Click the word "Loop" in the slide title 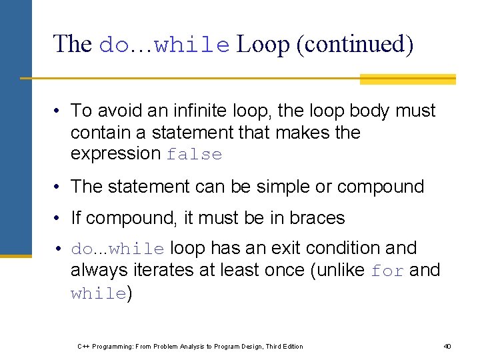263,45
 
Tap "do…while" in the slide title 164,45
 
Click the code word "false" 194,155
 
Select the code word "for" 387,271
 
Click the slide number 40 447,346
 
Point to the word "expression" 115,154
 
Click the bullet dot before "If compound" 59,219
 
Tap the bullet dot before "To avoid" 59,111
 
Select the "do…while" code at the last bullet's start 117,249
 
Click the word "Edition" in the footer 290,346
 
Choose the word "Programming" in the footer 112,346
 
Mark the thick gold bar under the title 407,79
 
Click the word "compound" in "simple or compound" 380,187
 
